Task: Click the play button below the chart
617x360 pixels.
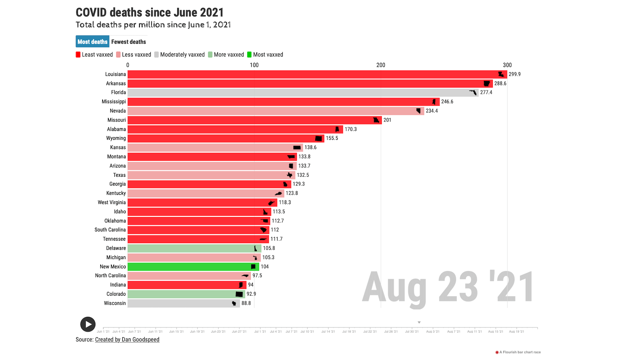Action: tap(88, 324)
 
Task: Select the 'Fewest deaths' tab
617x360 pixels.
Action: tap(128, 42)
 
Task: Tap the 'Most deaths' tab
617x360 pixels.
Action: tap(92, 42)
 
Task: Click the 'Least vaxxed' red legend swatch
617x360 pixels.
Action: tap(78, 55)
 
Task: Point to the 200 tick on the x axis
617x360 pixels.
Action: tap(381, 65)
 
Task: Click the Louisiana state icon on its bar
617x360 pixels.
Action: tap(501, 74)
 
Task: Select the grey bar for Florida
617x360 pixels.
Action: tap(299, 93)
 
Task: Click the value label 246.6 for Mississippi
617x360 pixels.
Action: tap(447, 102)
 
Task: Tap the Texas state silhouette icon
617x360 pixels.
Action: tap(289, 175)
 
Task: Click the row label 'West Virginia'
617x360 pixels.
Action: tap(112, 203)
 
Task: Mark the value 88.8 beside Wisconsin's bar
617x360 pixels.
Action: tap(246, 303)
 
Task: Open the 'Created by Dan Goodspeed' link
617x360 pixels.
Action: tap(127, 339)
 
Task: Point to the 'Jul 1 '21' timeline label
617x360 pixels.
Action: tap(260, 332)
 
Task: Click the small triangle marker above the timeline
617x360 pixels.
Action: tap(419, 322)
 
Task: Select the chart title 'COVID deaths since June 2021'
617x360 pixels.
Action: tap(150, 12)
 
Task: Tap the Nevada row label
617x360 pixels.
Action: tap(118, 111)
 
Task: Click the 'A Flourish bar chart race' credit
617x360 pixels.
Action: tap(520, 352)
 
